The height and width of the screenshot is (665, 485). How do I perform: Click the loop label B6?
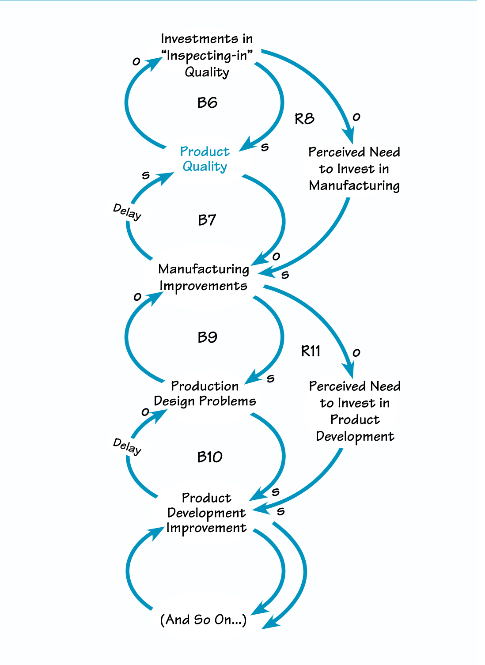point(207,103)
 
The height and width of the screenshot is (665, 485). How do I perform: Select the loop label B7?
point(207,220)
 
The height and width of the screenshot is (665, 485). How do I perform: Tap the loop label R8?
point(304,118)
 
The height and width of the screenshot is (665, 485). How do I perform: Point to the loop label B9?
point(207,337)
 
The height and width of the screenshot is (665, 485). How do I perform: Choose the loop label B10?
point(210,457)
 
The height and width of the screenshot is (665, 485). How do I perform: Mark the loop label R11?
point(311,351)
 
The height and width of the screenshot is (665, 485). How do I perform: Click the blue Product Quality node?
point(205,159)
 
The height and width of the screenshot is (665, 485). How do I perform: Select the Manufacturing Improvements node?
point(204,277)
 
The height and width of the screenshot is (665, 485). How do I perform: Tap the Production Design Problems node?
point(205,393)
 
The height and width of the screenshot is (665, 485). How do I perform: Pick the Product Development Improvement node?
point(206,513)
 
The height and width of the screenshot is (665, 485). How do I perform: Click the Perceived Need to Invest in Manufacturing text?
point(354,169)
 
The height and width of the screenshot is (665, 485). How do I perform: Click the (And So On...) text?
point(203,620)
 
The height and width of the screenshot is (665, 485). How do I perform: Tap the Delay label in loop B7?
point(127,212)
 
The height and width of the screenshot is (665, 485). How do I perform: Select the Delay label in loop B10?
point(127,446)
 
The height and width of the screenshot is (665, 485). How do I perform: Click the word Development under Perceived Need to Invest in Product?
point(355,436)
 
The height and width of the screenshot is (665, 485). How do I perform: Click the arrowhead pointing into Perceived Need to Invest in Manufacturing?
point(349,135)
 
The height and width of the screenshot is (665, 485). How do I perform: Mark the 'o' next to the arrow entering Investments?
point(136,61)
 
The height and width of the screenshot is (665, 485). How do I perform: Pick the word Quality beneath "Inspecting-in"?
point(207,72)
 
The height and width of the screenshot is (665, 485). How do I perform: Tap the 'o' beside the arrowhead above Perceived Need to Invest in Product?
point(356,352)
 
